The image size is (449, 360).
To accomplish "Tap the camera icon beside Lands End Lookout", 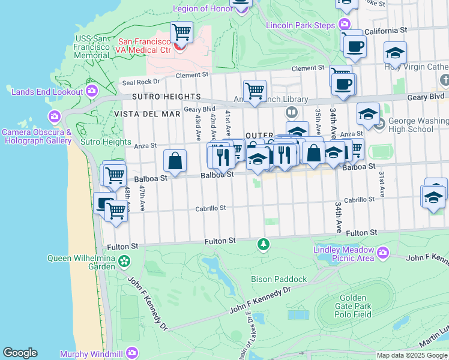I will coord(92,91).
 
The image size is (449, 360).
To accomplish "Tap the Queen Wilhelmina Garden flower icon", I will coord(124,262).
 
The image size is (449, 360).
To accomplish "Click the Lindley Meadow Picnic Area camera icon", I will coord(381,257).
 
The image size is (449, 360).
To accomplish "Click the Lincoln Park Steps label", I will coord(300,25).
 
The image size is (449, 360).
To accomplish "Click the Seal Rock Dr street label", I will coord(140,82).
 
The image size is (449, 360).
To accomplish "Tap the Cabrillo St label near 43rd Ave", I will coord(210,208).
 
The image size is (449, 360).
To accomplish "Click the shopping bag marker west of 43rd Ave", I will coord(175,160).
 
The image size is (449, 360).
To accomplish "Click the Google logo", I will coord(20,353).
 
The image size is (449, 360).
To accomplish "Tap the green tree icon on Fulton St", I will coord(263,244).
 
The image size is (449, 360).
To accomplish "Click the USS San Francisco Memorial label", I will coord(91,47).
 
